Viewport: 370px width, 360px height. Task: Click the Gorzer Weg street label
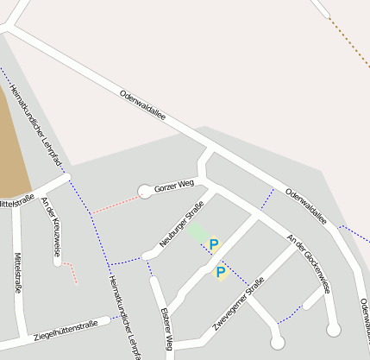[x=173, y=187]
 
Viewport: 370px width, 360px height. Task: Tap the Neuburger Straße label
[x=181, y=224]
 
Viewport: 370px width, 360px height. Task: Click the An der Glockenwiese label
[x=308, y=264]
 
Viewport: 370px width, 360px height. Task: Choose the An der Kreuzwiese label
[x=51, y=227]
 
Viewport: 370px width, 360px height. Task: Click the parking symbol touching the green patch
[x=214, y=244]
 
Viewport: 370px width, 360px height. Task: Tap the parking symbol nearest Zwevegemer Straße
[x=220, y=272]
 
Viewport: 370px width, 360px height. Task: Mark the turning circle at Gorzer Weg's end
[x=145, y=192]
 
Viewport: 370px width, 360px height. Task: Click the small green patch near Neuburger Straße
[x=198, y=232]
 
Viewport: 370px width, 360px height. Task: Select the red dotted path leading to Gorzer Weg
[x=116, y=204]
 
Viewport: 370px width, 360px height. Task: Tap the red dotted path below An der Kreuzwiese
[x=71, y=272]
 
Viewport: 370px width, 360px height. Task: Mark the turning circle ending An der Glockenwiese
[x=334, y=328]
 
